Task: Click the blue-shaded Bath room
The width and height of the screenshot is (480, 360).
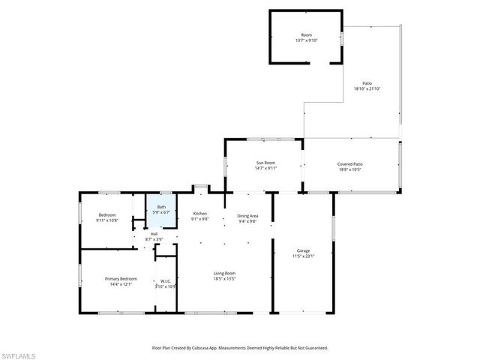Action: click(161, 209)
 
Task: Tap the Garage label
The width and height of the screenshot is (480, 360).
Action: click(303, 251)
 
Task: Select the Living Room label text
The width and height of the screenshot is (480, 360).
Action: click(225, 273)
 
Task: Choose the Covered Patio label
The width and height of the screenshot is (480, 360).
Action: click(349, 163)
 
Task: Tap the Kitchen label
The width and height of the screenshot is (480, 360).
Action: click(199, 214)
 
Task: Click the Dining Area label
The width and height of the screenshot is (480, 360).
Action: click(247, 215)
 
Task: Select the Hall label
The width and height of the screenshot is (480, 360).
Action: click(154, 233)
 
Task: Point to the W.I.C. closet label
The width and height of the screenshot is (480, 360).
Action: click(165, 282)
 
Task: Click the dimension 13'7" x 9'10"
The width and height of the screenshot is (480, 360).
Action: click(306, 40)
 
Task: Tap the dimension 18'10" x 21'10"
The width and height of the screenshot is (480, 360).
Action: click(367, 89)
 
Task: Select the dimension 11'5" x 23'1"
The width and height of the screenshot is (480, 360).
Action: click(303, 256)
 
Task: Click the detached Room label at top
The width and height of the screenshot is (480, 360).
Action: click(306, 35)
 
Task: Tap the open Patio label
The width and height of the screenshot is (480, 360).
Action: click(367, 84)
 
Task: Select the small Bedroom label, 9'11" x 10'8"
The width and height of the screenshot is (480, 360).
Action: click(107, 215)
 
